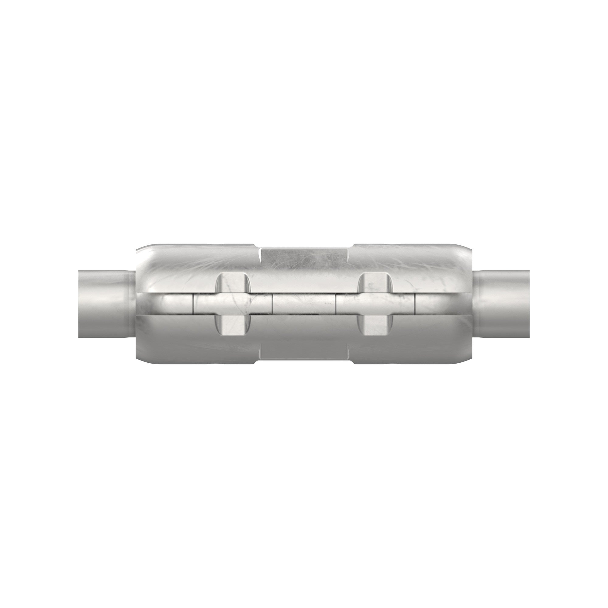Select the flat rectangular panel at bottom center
(x=304, y=349)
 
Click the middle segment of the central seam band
(x=304, y=304)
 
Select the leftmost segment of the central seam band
(x=171, y=304)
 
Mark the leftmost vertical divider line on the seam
(x=192, y=304)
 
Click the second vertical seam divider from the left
(x=272, y=304)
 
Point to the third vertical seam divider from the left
(x=336, y=304)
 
